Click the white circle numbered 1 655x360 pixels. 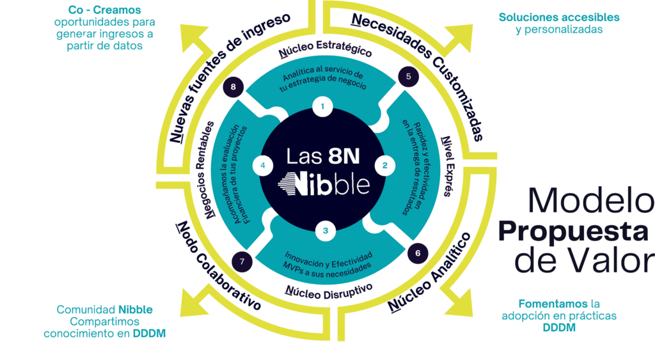point(325,107)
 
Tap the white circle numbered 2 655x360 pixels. point(384,166)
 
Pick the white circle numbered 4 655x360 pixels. point(262,166)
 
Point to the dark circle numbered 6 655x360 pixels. point(417,254)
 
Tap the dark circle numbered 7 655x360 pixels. point(241,262)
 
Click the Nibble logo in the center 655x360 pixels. point(325,183)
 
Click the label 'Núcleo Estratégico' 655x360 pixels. point(325,53)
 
